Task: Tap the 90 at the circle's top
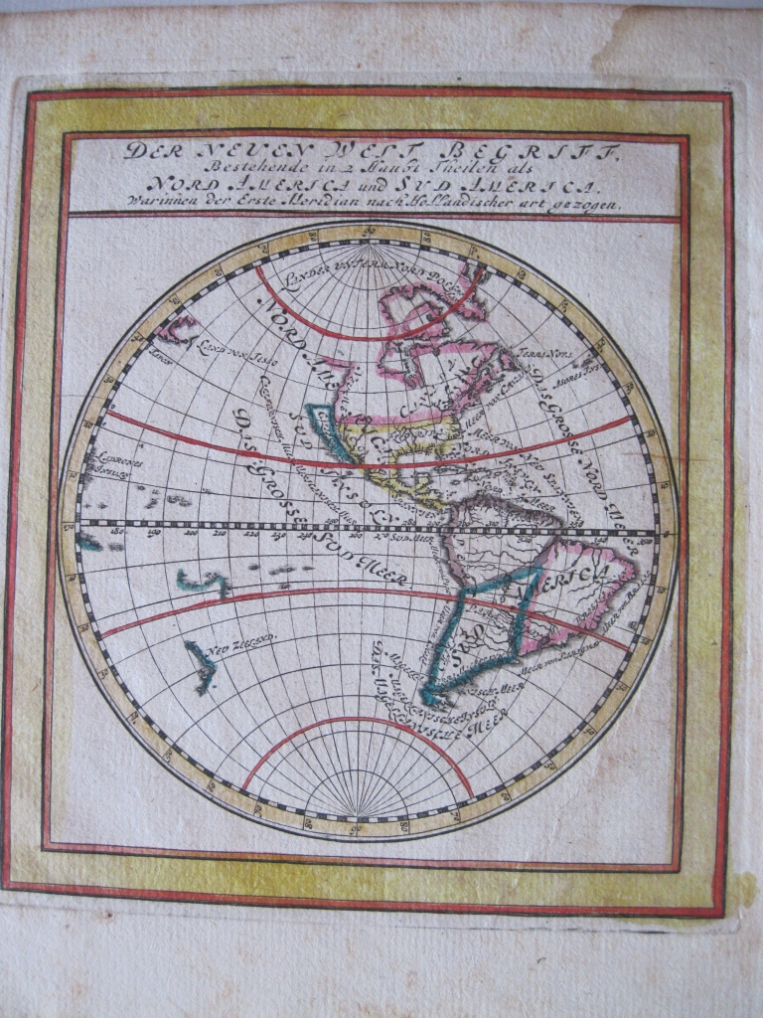click(369, 233)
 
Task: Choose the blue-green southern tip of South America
click(434, 695)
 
